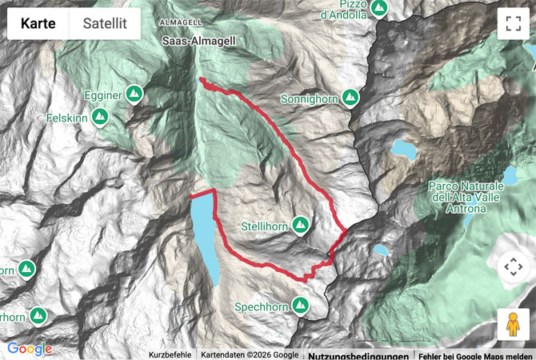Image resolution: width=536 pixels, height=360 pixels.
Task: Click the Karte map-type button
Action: [x=38, y=25]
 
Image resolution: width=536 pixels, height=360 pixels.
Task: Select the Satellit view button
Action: [x=104, y=25]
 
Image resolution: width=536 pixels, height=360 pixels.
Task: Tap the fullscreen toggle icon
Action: [x=512, y=23]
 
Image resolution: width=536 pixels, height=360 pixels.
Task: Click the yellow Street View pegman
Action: [x=512, y=324]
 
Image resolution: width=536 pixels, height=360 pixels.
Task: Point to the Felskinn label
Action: [x=67, y=117]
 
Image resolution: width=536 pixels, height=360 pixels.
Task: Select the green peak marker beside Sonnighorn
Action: [x=350, y=98]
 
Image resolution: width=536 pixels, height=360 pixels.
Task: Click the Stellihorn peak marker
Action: [x=301, y=224]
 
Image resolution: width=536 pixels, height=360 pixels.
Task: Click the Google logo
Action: [x=30, y=349]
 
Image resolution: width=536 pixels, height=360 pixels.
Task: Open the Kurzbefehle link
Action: [x=170, y=354]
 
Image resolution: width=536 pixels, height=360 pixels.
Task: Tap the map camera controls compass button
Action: [x=512, y=267]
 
